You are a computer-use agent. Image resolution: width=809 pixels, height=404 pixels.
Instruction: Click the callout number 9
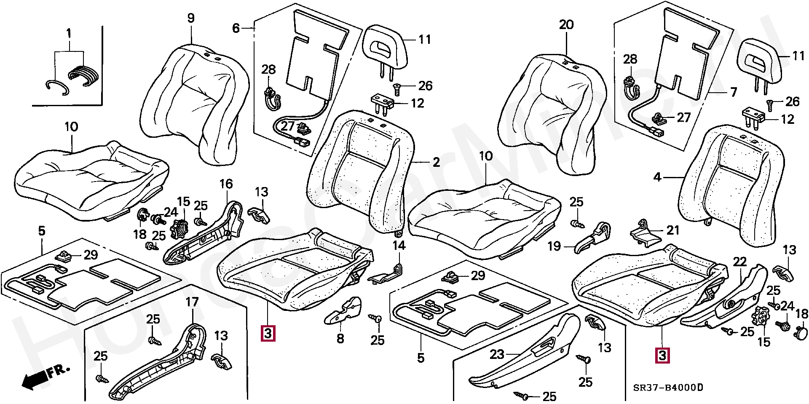(x=191, y=18)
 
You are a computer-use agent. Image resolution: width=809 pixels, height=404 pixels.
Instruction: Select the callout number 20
(x=566, y=25)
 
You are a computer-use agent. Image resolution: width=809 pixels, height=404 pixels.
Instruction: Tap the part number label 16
(x=226, y=184)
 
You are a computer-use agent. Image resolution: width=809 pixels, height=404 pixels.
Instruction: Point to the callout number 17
(x=192, y=302)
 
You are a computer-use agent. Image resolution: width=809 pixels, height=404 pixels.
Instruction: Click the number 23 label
(x=497, y=354)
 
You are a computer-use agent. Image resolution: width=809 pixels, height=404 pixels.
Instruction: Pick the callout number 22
(x=740, y=262)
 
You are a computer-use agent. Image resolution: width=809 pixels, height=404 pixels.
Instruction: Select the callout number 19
(x=554, y=246)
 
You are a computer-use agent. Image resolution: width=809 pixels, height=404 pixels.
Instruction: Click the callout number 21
(x=673, y=230)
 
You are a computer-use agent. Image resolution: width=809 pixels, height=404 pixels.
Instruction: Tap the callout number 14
(x=399, y=245)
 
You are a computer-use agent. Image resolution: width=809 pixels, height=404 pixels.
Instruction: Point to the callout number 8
(x=340, y=338)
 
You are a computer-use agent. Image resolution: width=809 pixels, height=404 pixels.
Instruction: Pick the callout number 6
(x=236, y=28)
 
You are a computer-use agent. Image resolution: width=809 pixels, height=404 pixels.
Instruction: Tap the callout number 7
(x=734, y=92)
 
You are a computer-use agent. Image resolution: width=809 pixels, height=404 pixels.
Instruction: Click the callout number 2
(x=436, y=162)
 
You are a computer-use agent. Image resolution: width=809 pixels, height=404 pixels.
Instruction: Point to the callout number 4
(x=657, y=177)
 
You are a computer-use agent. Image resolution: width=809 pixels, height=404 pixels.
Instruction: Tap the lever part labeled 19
(x=592, y=239)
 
